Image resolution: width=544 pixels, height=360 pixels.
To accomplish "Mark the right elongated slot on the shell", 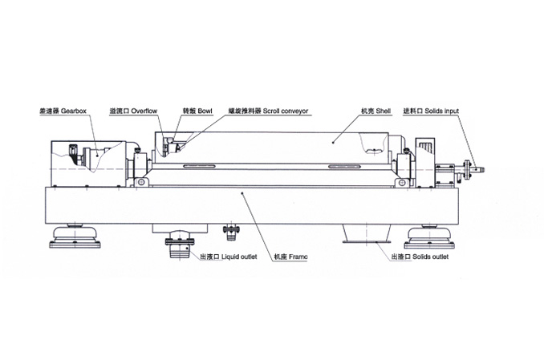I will point(352,167).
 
